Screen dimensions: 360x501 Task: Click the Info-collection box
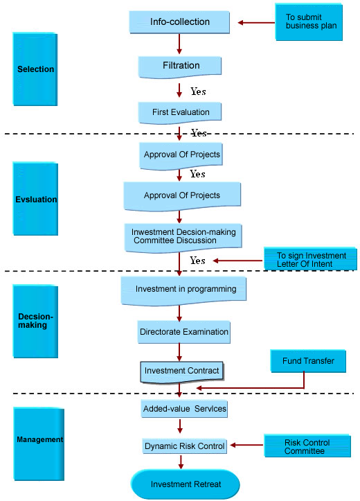coord(179,22)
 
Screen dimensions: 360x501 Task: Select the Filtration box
coord(180,67)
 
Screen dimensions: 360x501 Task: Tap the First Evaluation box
coord(180,113)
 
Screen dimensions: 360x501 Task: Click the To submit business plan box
coord(309,22)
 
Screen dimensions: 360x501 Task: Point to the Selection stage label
coord(35,69)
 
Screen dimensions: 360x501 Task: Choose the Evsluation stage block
coord(35,199)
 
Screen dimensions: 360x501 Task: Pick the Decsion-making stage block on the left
coord(35,321)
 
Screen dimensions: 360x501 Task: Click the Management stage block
coord(39,443)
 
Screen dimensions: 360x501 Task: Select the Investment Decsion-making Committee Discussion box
coord(183,238)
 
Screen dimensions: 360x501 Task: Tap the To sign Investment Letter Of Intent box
coord(310,259)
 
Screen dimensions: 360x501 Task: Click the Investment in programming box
coord(183,291)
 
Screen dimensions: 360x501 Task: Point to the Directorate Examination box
coord(184,332)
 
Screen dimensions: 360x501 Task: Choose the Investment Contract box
coord(182,372)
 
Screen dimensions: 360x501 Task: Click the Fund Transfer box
coord(308,361)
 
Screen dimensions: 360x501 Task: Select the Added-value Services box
coord(184,409)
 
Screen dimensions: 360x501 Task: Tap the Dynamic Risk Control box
coord(184,446)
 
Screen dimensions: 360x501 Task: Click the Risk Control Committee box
coord(307,446)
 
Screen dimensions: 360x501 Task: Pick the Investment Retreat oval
coord(185,484)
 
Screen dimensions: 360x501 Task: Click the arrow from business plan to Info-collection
coord(256,22)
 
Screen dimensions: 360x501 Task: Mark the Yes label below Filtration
coord(198,91)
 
